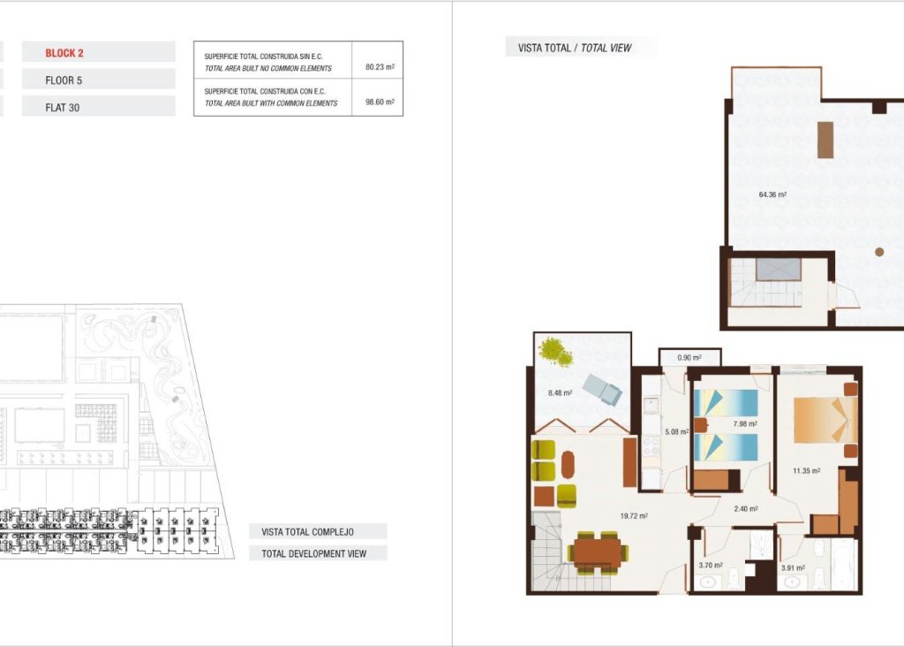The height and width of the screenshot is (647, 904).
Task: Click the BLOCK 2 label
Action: pyautogui.click(x=64, y=53)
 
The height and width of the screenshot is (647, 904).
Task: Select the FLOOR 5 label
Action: pyautogui.click(x=64, y=80)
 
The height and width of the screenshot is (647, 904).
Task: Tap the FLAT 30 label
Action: pyautogui.click(x=63, y=108)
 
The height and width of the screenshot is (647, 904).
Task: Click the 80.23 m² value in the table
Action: pyautogui.click(x=379, y=66)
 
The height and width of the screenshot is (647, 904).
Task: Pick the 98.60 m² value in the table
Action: pyautogui.click(x=379, y=102)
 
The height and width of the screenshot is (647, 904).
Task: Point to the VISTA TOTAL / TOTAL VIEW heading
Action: pyautogui.click(x=581, y=48)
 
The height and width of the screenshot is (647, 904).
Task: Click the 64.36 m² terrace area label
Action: pyautogui.click(x=772, y=195)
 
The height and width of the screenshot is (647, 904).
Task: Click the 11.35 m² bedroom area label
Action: pyautogui.click(x=806, y=471)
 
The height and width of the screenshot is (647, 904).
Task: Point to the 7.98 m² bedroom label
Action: pyautogui.click(x=745, y=423)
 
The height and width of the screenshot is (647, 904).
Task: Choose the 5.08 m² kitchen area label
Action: pyautogui.click(x=676, y=432)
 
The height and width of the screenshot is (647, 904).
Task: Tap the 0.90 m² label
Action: pyautogui.click(x=689, y=358)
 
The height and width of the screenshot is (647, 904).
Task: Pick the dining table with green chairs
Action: pyautogui.click(x=599, y=553)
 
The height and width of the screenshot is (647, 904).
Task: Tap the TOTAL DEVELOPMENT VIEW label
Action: pyautogui.click(x=319, y=553)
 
